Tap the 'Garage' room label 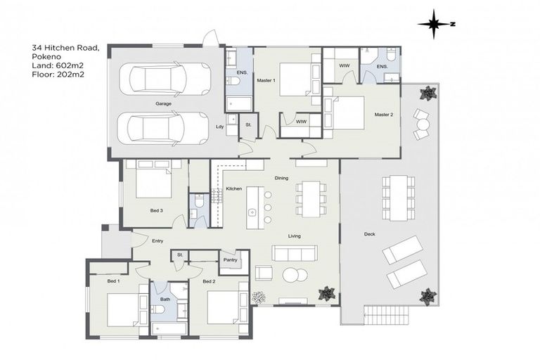tap(164, 104)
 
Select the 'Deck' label tap(369, 234)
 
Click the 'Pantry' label tap(230, 260)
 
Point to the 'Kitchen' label tap(234, 189)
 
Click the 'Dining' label tap(281, 179)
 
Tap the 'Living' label tap(294, 236)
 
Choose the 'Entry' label tap(157, 241)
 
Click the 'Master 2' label tap(383, 114)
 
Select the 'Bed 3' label tap(157, 210)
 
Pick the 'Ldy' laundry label tap(219, 127)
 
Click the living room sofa tap(295, 253)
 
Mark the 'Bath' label tap(165, 300)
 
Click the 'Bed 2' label tap(209, 282)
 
